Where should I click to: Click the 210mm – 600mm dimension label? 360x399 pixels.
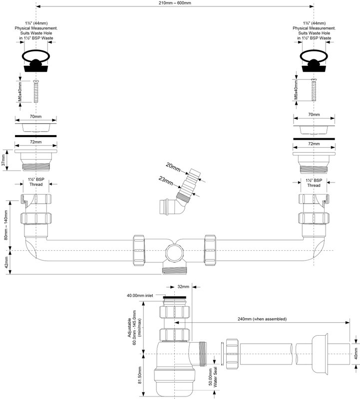(x=175, y=3)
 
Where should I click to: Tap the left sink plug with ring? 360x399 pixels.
(x=36, y=61)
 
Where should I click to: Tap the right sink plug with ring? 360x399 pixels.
(x=314, y=61)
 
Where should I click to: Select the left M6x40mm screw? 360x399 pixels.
(x=36, y=91)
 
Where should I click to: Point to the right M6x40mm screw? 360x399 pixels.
(x=314, y=90)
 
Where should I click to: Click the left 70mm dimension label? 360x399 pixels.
(x=35, y=117)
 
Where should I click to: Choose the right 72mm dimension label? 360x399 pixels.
(x=314, y=144)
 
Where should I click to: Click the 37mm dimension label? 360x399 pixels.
(x=3, y=160)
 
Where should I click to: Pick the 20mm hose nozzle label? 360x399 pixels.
(x=173, y=167)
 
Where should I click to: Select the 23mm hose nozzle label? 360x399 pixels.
(x=166, y=181)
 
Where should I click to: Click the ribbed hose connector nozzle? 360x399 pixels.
(x=189, y=184)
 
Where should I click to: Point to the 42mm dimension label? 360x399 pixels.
(x=6, y=262)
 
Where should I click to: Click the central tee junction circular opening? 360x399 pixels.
(x=175, y=252)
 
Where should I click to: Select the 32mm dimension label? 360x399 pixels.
(x=183, y=287)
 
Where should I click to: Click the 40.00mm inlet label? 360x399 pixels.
(x=140, y=295)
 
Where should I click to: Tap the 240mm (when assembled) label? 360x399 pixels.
(x=262, y=319)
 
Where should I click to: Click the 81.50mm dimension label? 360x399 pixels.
(x=139, y=376)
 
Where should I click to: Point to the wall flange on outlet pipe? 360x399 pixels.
(x=320, y=354)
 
